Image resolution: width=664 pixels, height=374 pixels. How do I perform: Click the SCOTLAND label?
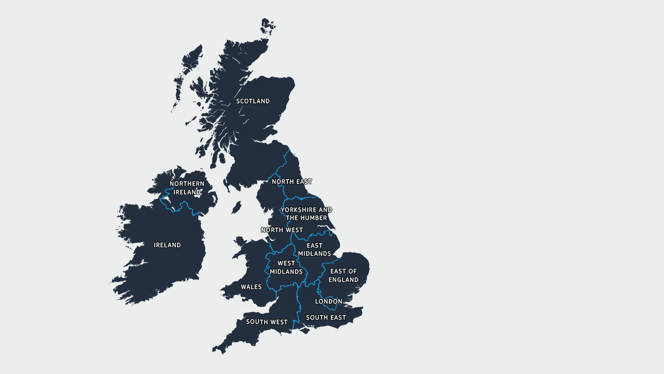(253, 101)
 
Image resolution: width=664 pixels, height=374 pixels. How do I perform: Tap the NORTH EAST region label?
(292, 182)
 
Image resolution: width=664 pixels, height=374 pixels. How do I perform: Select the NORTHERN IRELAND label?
(187, 188)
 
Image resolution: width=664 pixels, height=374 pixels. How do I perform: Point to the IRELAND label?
(168, 245)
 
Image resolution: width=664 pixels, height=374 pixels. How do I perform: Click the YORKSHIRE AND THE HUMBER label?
(306, 214)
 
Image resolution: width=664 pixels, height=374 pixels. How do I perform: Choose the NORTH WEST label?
(282, 230)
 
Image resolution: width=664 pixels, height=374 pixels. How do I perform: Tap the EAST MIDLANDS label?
(314, 250)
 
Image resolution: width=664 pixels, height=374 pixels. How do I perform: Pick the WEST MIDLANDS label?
(286, 267)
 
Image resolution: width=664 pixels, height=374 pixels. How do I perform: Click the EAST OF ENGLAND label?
(344, 275)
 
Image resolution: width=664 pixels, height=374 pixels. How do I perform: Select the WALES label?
(251, 287)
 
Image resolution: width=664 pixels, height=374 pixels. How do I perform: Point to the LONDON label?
(328, 302)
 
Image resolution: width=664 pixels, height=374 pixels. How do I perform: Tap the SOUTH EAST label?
(326, 318)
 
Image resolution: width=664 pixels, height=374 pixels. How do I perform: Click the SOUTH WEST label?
(267, 322)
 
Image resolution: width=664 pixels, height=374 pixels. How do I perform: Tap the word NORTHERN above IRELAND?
(187, 184)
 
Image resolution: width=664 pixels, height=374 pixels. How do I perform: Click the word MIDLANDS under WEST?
(286, 272)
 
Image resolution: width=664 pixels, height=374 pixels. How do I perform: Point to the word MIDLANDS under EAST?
(314, 254)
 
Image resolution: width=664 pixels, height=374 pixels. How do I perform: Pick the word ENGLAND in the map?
(344, 280)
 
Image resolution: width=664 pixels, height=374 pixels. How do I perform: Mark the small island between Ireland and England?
(236, 207)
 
